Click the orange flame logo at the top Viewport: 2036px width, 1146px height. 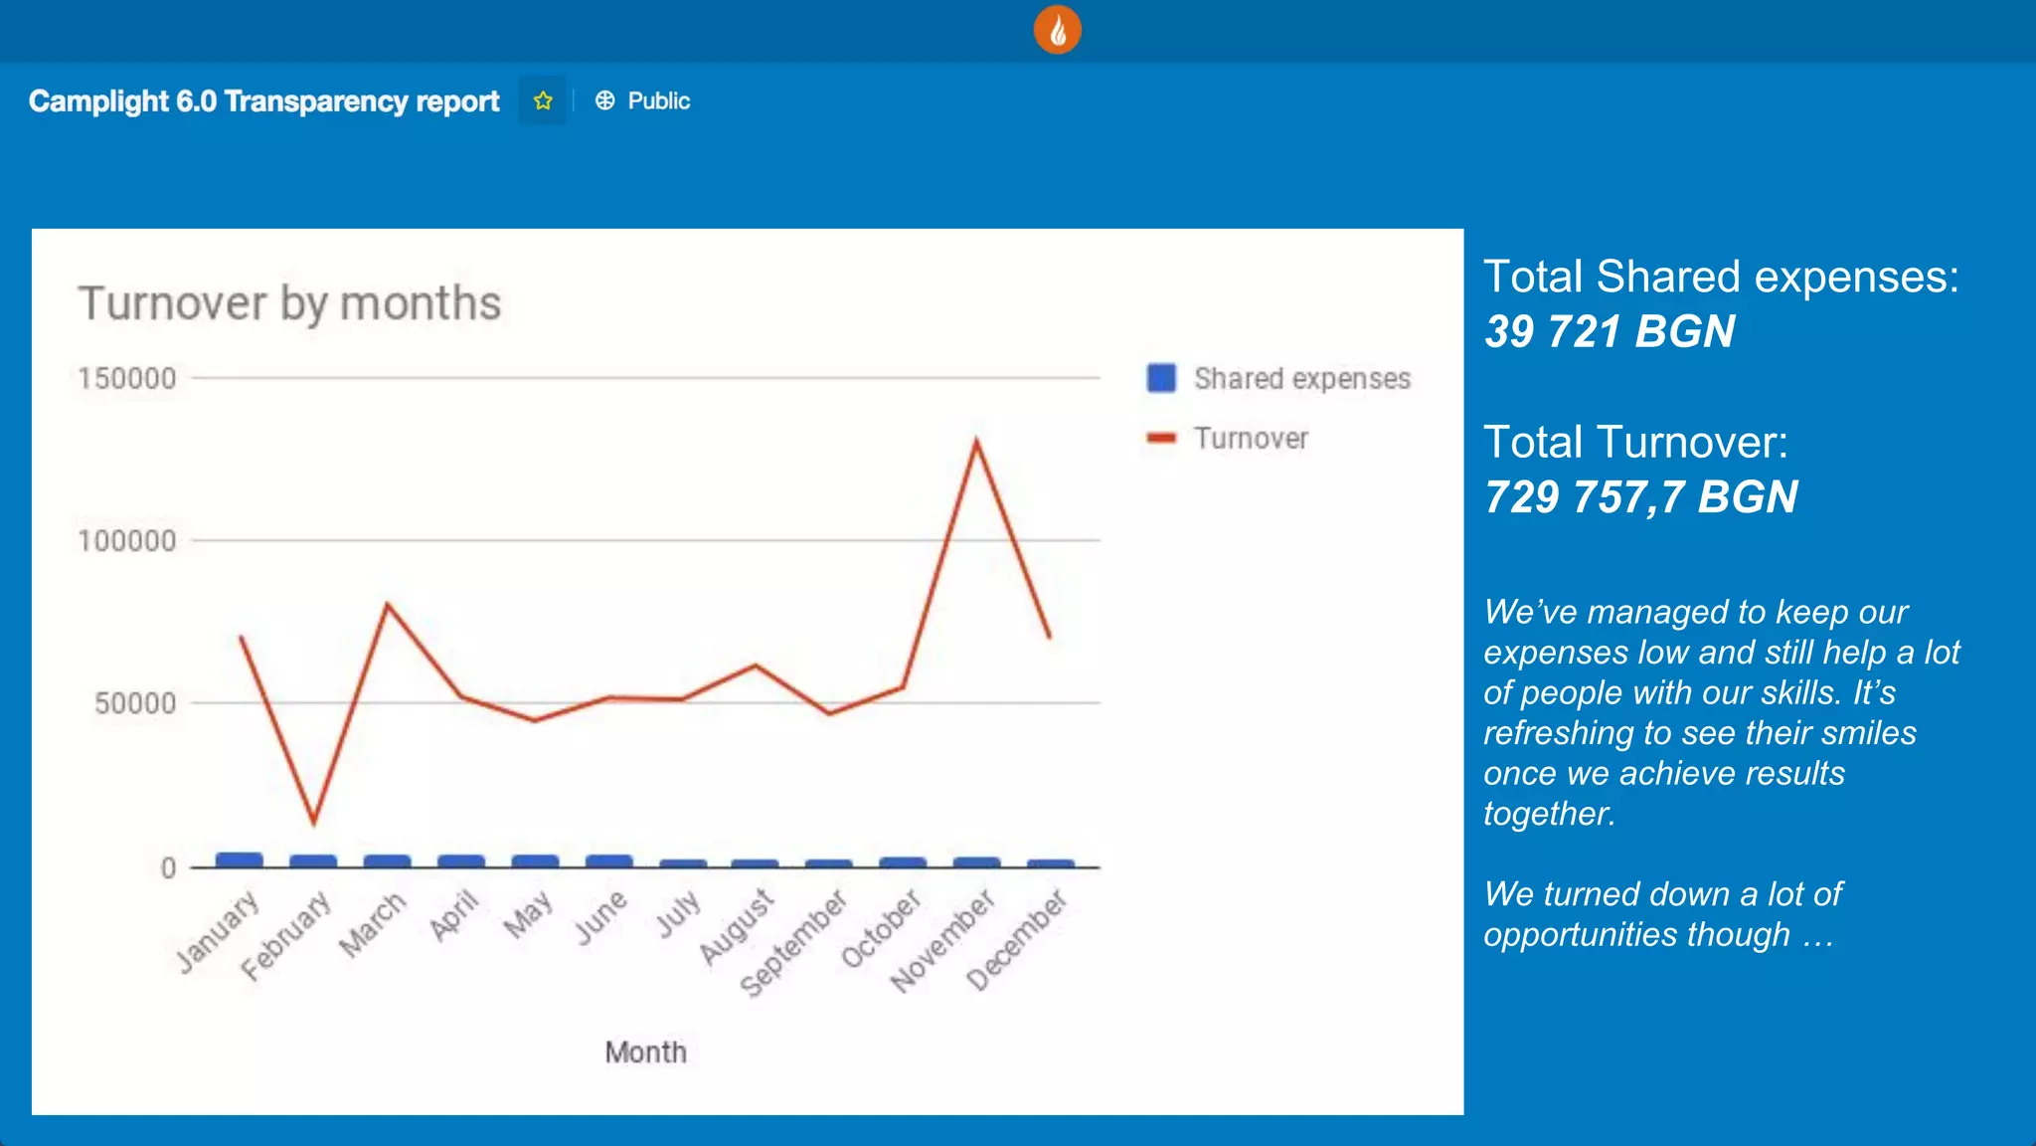point(1057,30)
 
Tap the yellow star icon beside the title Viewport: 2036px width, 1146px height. point(543,100)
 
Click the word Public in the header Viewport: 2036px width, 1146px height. point(658,100)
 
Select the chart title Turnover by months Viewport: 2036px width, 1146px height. point(289,303)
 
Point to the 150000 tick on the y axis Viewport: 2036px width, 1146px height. point(127,379)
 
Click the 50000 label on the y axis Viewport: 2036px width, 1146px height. point(134,703)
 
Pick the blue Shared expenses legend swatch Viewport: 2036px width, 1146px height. point(1161,378)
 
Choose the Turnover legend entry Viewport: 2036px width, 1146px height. point(1251,439)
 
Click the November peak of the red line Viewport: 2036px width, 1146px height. point(976,441)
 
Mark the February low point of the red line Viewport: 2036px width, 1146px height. point(314,822)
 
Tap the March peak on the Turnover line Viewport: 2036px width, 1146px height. point(388,604)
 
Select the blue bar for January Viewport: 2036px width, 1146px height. point(240,859)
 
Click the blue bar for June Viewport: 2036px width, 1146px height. point(608,860)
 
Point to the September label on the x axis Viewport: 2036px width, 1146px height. point(794,942)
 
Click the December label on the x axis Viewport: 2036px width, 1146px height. point(1017,940)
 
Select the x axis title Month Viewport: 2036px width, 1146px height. point(645,1052)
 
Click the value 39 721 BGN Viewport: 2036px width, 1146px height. point(1610,331)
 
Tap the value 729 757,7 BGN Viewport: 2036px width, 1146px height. point(1640,496)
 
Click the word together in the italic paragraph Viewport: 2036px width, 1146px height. point(1547,814)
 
